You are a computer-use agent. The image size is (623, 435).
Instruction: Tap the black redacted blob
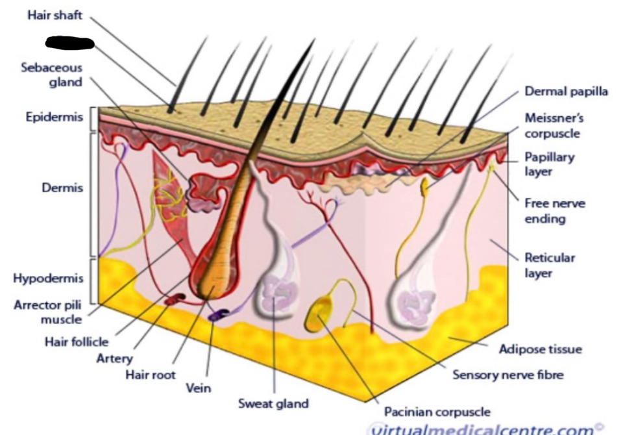70,43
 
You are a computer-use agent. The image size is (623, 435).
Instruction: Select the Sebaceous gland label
52,75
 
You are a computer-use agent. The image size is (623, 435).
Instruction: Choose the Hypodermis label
47,279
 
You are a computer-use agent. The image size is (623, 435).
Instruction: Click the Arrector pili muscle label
48,312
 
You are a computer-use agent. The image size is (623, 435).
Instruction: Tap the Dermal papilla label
566,92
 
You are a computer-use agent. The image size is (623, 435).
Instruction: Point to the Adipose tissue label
540,349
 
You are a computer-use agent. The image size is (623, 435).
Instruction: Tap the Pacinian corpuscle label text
437,412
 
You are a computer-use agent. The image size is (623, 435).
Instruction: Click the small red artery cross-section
175,299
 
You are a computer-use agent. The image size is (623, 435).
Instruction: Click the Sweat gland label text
273,403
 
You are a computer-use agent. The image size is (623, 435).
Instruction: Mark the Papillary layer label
550,164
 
